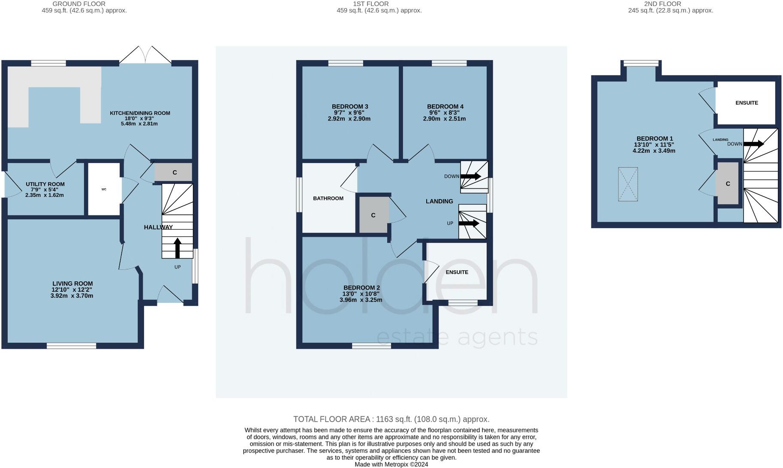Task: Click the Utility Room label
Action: click(45, 184)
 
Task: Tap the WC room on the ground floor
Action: click(104, 189)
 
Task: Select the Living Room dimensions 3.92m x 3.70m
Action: click(72, 296)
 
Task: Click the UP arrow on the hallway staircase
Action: click(178, 248)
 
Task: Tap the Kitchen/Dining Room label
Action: click(140, 113)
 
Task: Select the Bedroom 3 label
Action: click(349, 106)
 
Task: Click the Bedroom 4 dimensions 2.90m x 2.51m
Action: click(444, 119)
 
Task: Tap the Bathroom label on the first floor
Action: click(328, 198)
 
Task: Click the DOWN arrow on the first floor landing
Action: click(470, 176)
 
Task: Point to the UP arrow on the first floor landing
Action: click(469, 223)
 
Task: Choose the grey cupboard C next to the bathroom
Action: click(373, 215)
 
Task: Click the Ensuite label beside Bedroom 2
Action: click(457, 272)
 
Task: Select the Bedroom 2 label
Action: click(361, 287)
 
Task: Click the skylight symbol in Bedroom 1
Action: click(628, 184)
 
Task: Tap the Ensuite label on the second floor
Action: click(747, 103)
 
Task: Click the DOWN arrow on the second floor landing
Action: click(753, 144)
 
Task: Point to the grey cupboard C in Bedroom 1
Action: click(728, 184)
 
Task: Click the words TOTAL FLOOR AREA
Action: click(331, 419)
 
